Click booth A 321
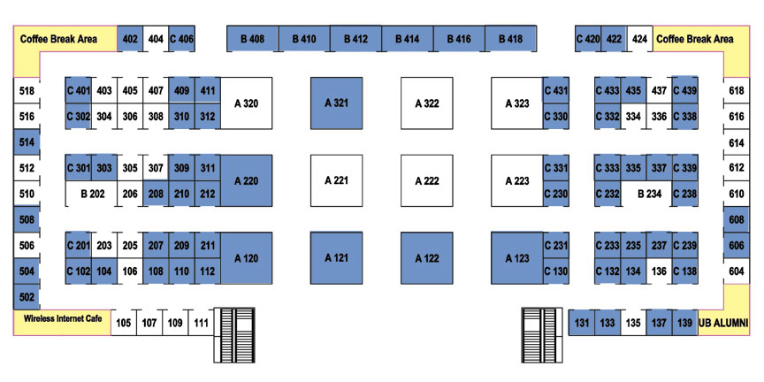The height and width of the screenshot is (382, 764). point(337,103)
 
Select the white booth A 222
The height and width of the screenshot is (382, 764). point(427,180)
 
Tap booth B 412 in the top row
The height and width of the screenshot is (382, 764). point(355,39)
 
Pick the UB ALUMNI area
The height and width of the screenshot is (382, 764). point(723,323)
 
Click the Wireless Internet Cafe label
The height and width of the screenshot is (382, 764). point(63,318)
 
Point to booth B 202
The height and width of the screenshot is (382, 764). point(92,194)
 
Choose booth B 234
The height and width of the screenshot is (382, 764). point(646,194)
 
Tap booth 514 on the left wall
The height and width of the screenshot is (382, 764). point(27,141)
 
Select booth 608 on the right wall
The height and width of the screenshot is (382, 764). point(737,220)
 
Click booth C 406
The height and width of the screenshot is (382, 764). point(182,39)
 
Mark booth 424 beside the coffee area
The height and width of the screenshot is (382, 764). point(639,39)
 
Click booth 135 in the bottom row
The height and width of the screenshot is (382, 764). point(633,323)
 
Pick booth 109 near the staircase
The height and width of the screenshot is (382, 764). point(175,323)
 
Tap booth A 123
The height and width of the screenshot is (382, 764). point(517,258)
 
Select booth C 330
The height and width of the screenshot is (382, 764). point(556,117)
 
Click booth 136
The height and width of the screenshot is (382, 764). point(659,271)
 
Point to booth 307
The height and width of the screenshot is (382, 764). point(156,168)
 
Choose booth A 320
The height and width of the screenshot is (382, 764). point(246,103)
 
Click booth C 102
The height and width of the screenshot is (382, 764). point(79,271)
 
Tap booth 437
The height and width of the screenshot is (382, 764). point(659,90)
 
